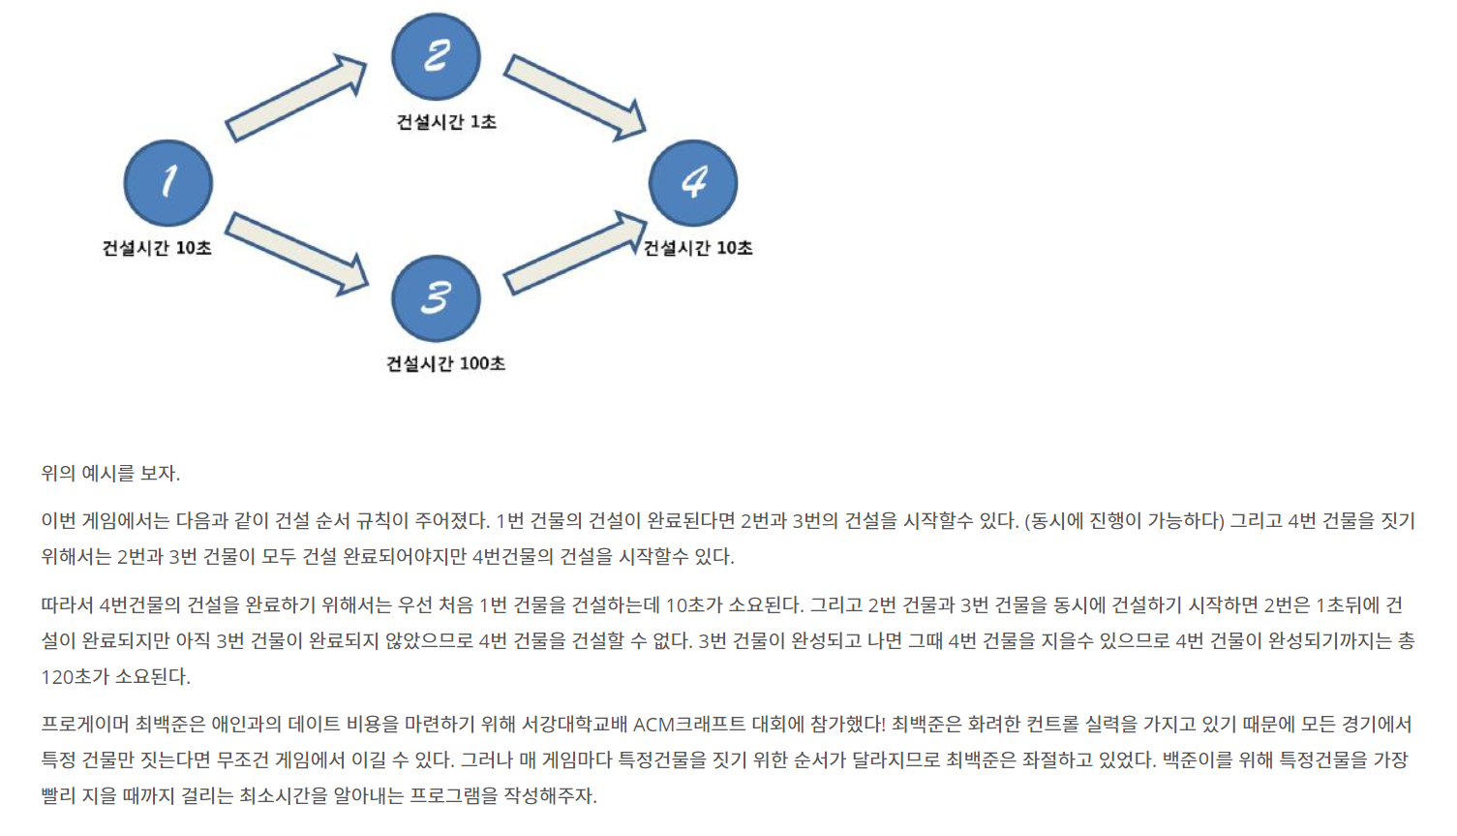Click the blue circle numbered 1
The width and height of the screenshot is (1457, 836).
click(x=168, y=182)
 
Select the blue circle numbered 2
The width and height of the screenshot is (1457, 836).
click(x=436, y=56)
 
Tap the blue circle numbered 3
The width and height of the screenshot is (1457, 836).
click(x=436, y=298)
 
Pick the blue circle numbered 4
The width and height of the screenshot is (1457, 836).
click(x=693, y=182)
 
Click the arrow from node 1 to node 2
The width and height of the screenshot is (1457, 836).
click(x=296, y=98)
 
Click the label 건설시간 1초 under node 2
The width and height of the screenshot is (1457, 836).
click(x=446, y=122)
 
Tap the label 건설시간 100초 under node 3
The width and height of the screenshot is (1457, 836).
click(x=446, y=364)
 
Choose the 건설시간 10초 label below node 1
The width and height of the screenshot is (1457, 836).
click(x=157, y=248)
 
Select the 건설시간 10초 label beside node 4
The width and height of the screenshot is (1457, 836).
click(x=698, y=248)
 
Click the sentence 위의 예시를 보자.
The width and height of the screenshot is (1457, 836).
click(x=110, y=474)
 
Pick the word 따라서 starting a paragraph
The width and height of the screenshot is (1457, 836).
click(x=67, y=605)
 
